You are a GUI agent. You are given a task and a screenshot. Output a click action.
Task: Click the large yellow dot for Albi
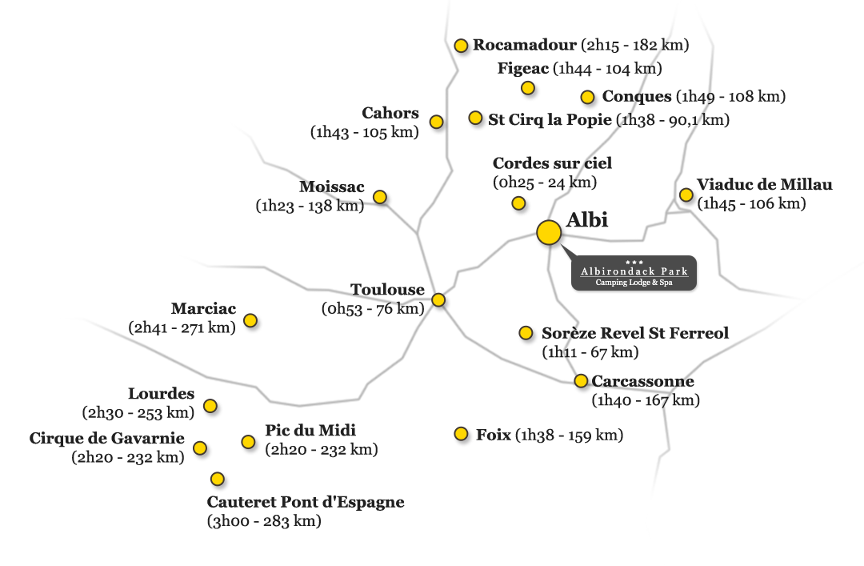(x=549, y=233)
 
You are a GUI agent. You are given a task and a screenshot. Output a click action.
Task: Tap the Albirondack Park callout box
(x=634, y=272)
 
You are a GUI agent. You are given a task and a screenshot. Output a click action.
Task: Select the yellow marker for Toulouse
(x=438, y=299)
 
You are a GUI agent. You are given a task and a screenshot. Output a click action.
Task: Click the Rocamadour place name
(x=525, y=45)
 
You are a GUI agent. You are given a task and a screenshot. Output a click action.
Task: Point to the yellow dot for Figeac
(x=528, y=88)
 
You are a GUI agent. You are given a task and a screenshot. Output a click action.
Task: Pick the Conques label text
(x=637, y=97)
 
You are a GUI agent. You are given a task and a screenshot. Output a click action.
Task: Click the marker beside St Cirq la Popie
(x=475, y=118)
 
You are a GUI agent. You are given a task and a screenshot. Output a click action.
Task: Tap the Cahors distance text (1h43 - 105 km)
(x=364, y=132)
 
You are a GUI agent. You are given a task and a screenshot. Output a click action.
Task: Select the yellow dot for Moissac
(x=380, y=196)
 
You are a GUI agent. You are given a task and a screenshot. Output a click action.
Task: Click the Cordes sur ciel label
(x=552, y=163)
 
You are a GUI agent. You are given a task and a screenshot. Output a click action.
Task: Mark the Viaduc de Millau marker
(x=686, y=195)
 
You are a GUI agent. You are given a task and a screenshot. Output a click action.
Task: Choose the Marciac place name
(x=203, y=308)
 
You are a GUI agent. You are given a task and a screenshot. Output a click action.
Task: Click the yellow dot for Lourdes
(x=210, y=406)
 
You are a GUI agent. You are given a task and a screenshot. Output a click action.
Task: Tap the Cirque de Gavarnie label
(x=107, y=438)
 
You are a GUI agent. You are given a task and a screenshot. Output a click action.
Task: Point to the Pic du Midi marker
(x=248, y=441)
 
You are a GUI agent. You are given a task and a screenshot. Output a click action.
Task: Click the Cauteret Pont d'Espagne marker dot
(x=218, y=478)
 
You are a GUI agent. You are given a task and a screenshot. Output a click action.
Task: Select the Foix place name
(x=493, y=435)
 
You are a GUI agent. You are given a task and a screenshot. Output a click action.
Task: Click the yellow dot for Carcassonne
(x=581, y=380)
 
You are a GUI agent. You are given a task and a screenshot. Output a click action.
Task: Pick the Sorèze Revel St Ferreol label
(x=634, y=333)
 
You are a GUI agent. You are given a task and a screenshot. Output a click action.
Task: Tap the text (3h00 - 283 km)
(x=264, y=521)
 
